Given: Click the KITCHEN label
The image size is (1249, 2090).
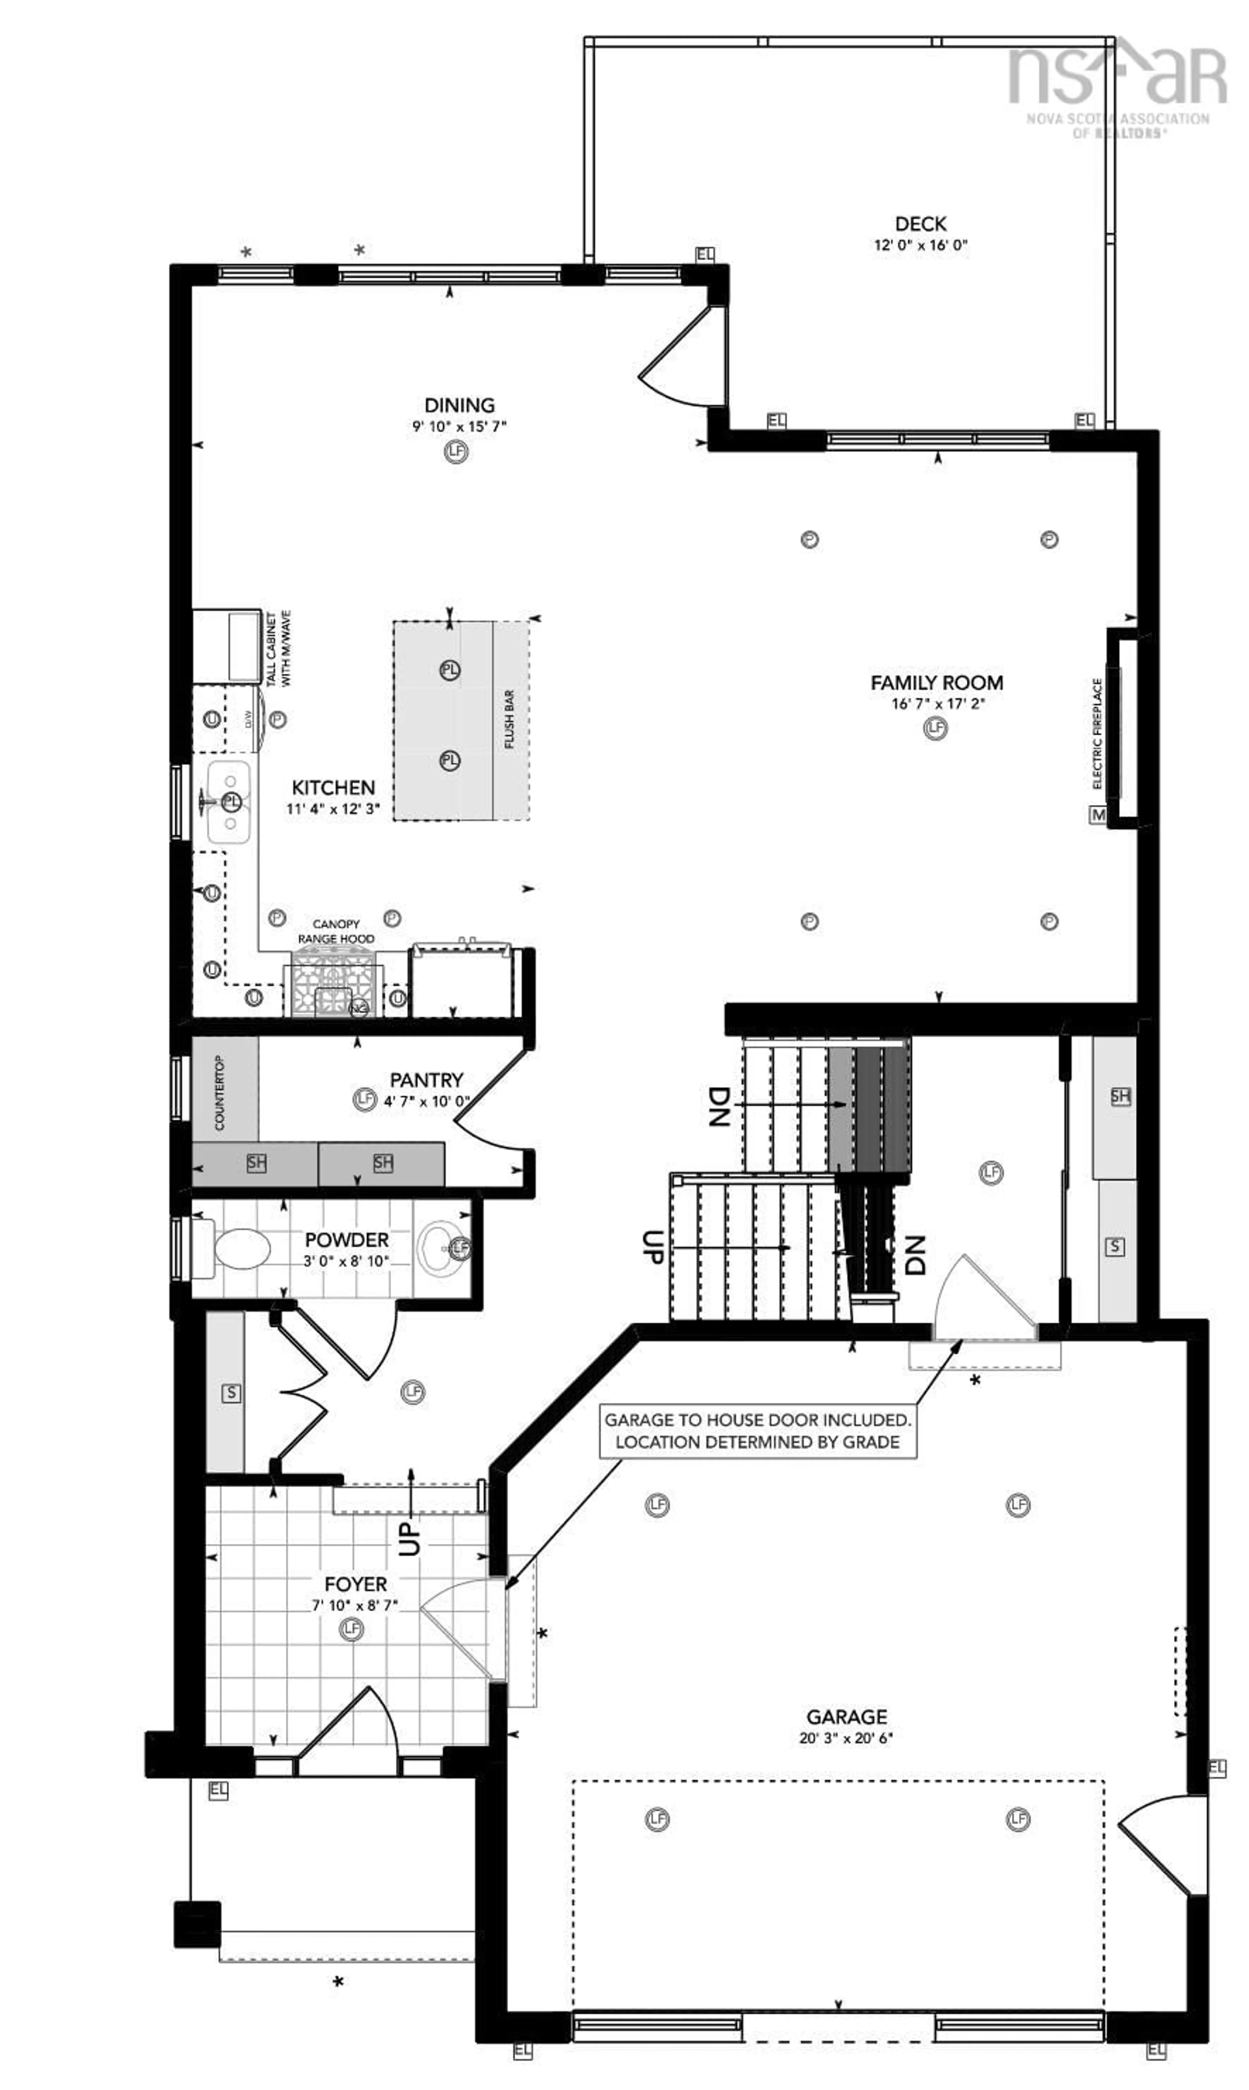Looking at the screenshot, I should [x=333, y=788].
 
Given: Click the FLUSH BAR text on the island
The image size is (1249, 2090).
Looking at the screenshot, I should [x=509, y=720].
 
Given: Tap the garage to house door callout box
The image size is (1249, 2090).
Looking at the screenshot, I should [x=758, y=1431].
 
